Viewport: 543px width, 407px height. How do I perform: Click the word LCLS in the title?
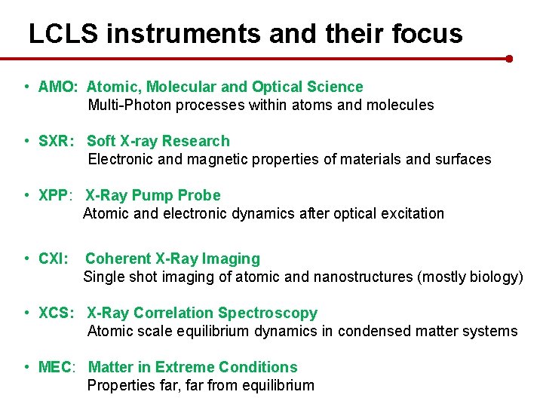62,34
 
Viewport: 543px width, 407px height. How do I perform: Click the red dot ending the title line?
509,58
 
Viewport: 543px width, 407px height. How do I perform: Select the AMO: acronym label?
57,87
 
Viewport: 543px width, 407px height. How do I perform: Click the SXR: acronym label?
57,141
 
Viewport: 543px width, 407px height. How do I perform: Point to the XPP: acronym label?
56,195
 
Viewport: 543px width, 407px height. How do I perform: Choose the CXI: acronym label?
54,259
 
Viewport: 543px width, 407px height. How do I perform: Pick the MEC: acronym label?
57,367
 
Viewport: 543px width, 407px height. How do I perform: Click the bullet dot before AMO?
26,87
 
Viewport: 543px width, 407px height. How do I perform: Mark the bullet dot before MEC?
26,367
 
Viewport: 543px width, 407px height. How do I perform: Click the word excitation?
411,213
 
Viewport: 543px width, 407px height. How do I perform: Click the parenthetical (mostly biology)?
469,277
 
